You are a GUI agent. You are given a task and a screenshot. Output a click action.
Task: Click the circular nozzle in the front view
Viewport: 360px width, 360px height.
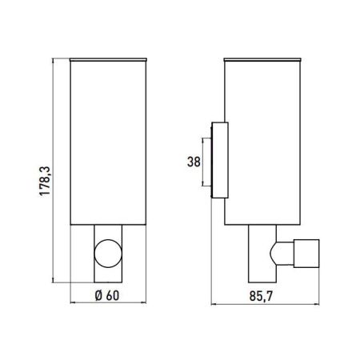pyautogui.click(x=107, y=254)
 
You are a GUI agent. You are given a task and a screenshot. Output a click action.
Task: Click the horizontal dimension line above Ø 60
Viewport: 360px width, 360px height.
pyautogui.click(x=107, y=305)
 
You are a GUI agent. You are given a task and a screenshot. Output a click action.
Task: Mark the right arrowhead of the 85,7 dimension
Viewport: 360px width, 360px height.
pyautogui.click(x=318, y=305)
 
